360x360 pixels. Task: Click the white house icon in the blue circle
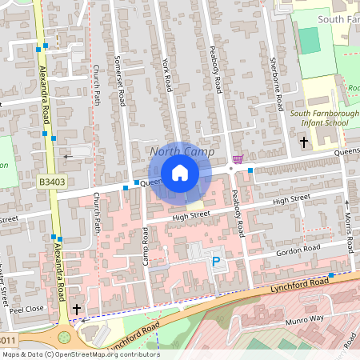point(180,172)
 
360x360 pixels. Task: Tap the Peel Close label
point(27,308)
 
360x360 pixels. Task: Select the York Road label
point(166,73)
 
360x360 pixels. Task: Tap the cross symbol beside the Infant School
point(303,142)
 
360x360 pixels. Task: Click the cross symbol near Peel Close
point(77,309)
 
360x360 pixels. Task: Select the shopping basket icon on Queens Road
point(238,159)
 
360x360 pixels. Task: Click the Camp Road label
point(146,246)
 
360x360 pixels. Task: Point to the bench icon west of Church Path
point(66,155)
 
